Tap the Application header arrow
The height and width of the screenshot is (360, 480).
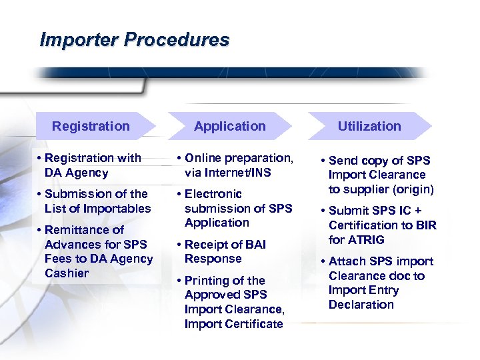point(230,126)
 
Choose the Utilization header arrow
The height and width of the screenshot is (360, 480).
point(369,126)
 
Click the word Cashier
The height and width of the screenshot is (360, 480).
point(67,273)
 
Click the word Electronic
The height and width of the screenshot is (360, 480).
point(213,194)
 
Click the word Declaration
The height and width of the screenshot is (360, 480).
point(361,305)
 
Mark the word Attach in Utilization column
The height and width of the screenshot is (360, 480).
point(347,261)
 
